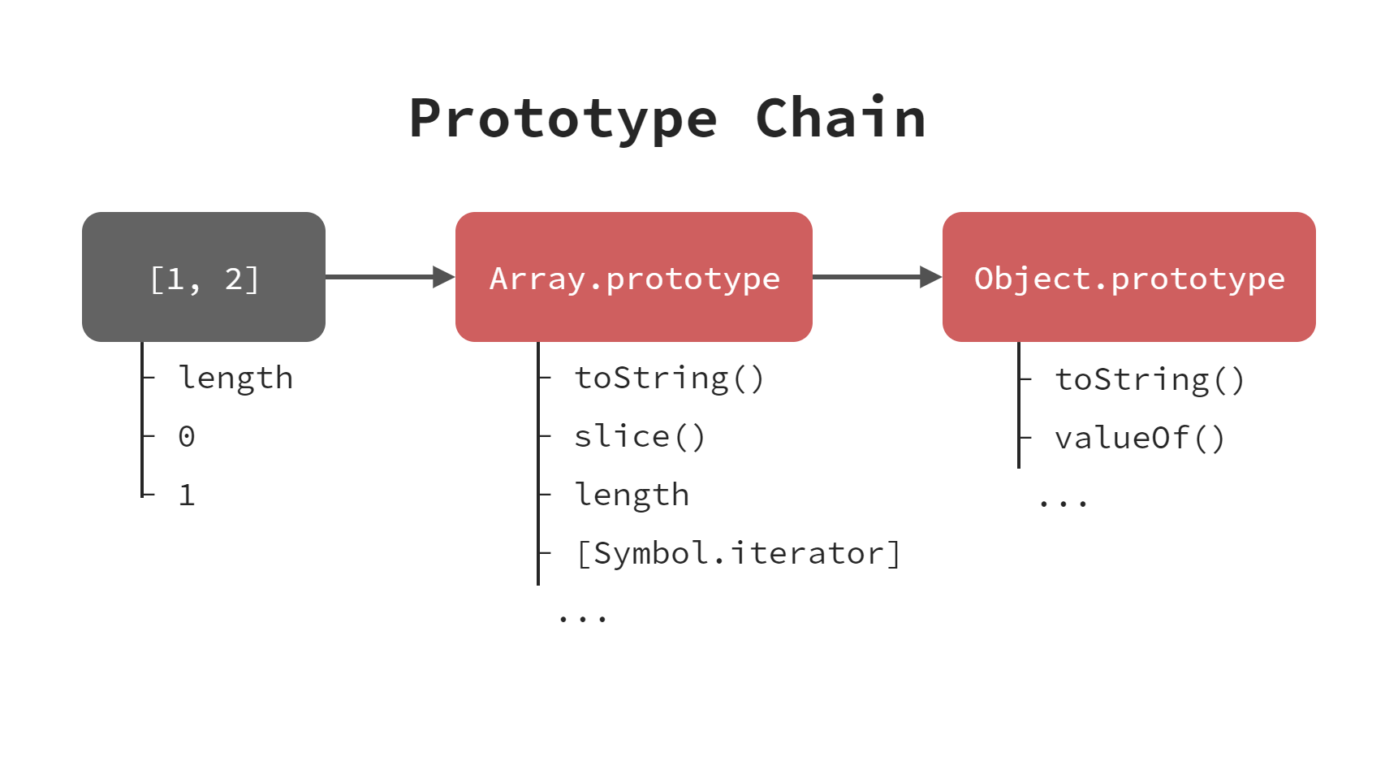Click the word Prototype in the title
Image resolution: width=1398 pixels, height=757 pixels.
[563, 119]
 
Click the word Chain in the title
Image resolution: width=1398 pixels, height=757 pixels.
[840, 119]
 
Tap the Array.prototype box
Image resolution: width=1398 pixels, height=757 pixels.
[633, 277]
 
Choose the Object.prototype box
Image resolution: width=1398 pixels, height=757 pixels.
[1128, 277]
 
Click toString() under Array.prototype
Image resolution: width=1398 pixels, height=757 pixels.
[669, 378]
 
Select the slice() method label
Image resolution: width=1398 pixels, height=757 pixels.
[640, 437]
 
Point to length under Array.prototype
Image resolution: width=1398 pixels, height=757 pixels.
[632, 495]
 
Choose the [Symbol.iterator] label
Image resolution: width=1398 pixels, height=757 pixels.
[737, 554]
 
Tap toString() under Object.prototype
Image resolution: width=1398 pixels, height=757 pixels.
[1150, 380]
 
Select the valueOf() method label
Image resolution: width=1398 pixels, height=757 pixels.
[1140, 439]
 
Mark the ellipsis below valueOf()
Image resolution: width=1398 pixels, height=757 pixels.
[1063, 504]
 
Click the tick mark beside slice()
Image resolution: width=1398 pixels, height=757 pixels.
[545, 437]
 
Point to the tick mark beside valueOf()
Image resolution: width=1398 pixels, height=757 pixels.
[1025, 439]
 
